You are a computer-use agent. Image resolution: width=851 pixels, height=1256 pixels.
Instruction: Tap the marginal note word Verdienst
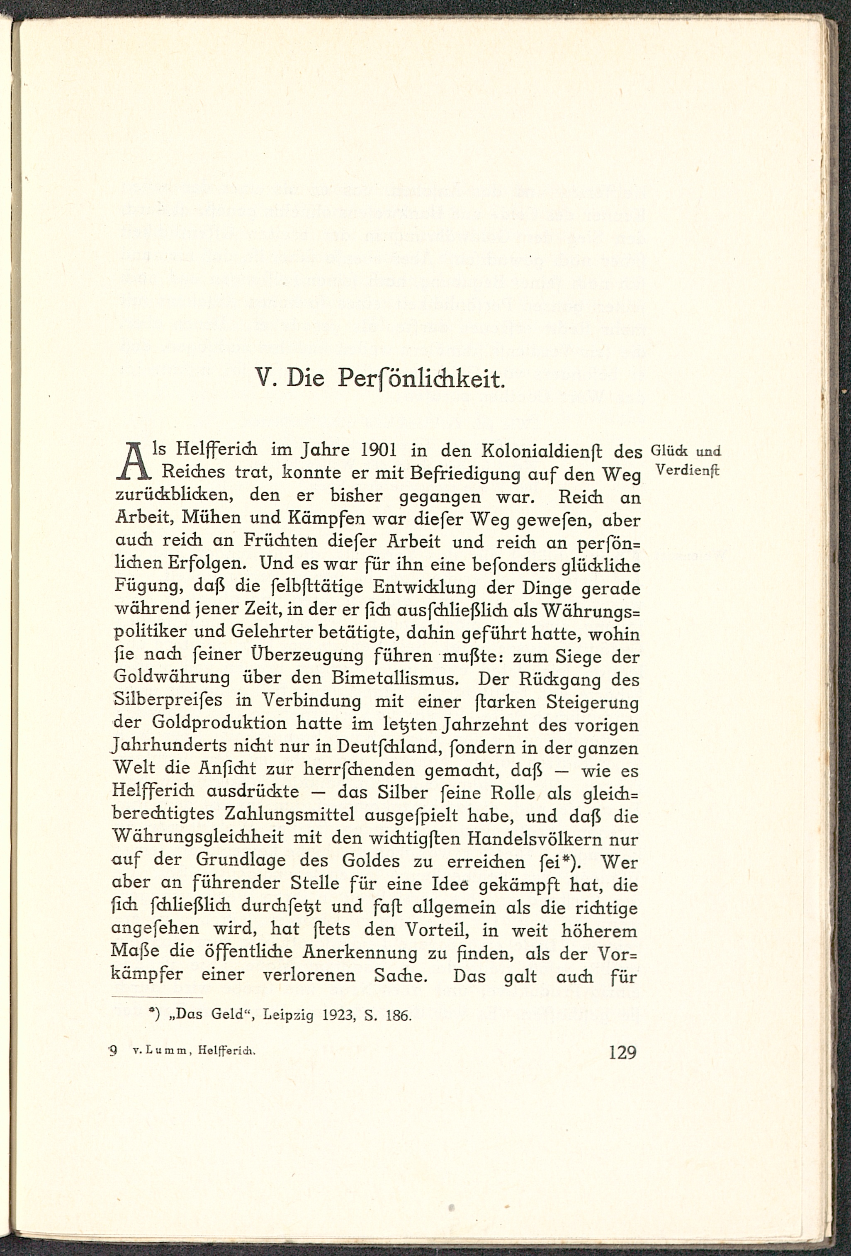[687, 470]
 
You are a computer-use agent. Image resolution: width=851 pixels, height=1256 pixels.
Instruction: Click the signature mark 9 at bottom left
[114, 1051]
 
